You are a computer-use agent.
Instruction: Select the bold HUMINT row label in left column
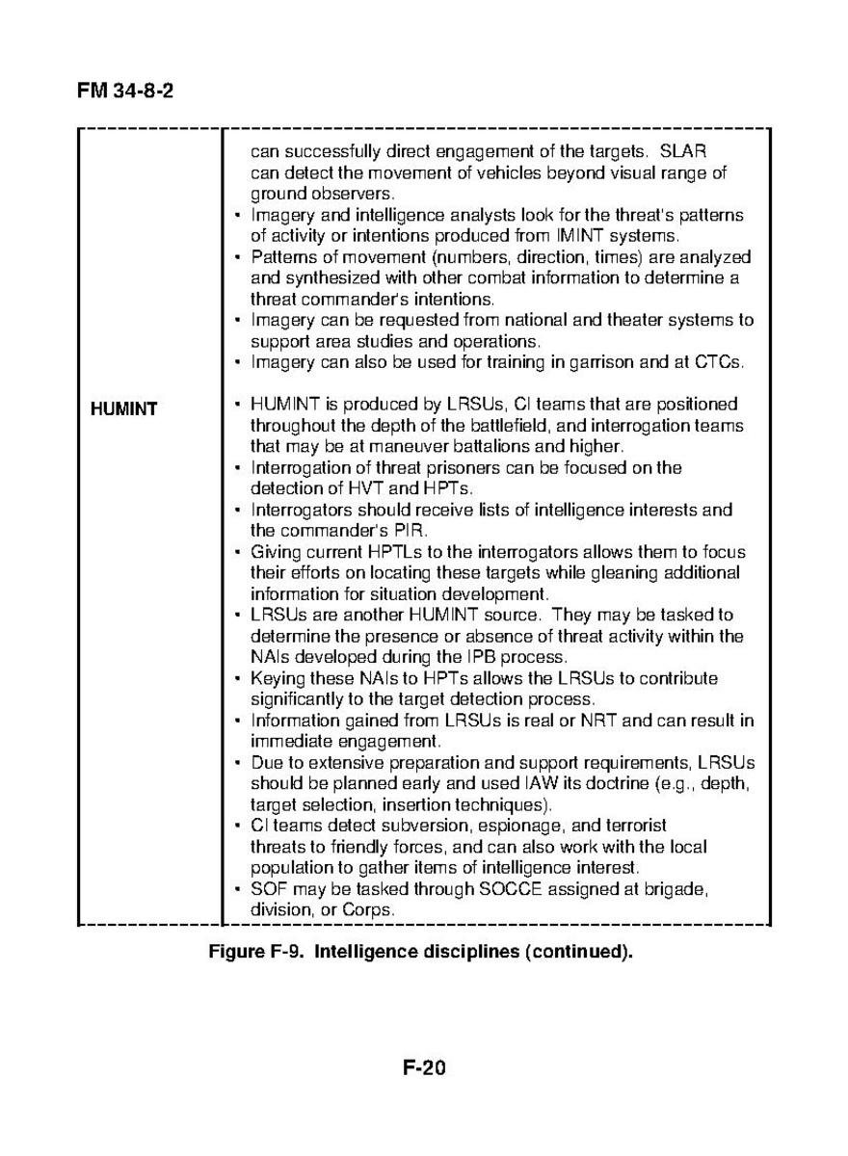click(x=124, y=409)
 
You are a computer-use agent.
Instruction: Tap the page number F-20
click(x=424, y=1067)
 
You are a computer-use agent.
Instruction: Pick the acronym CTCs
click(x=720, y=362)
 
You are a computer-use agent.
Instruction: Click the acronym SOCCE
click(x=509, y=889)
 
